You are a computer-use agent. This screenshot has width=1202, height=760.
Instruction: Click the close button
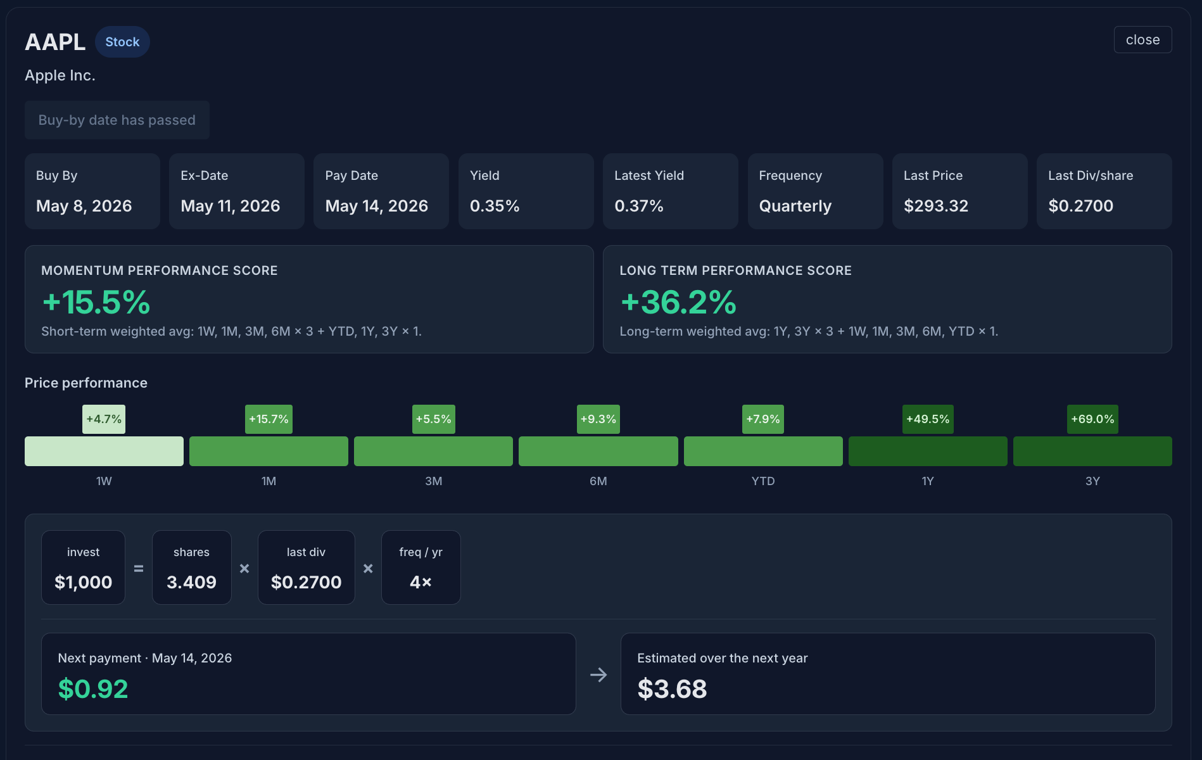coord(1142,40)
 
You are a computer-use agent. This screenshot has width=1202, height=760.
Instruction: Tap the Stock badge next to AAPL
coord(122,42)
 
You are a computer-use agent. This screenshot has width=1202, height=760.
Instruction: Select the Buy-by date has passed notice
coord(117,120)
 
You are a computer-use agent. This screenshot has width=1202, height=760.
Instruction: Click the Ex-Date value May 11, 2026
coord(231,206)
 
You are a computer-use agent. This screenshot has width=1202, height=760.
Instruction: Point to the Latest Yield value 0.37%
coord(639,206)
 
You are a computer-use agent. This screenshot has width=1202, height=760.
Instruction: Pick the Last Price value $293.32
coord(936,206)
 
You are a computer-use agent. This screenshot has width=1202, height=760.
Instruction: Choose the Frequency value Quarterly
coord(795,206)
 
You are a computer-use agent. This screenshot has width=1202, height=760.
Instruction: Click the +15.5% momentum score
coord(96,302)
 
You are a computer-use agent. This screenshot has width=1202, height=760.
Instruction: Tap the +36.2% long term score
coord(678,302)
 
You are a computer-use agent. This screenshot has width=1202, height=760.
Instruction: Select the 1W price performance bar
coord(104,451)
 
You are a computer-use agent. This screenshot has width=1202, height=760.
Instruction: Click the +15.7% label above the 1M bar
coord(269,419)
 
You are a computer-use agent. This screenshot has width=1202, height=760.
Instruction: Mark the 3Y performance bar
coord(1092,451)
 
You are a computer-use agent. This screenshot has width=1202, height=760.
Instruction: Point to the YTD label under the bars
coord(763,481)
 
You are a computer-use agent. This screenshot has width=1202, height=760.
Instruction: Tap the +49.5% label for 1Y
coord(928,419)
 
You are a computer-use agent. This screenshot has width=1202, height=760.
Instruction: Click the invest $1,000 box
coord(83,567)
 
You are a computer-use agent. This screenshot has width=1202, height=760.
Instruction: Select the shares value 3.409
coord(191,582)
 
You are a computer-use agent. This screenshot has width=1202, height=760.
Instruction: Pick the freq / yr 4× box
coord(421,567)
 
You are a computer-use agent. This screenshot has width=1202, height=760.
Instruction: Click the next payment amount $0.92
coord(93,689)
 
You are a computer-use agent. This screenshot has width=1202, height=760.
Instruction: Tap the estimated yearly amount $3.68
coord(672,689)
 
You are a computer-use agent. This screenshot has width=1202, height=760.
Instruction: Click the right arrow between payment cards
coord(598,675)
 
